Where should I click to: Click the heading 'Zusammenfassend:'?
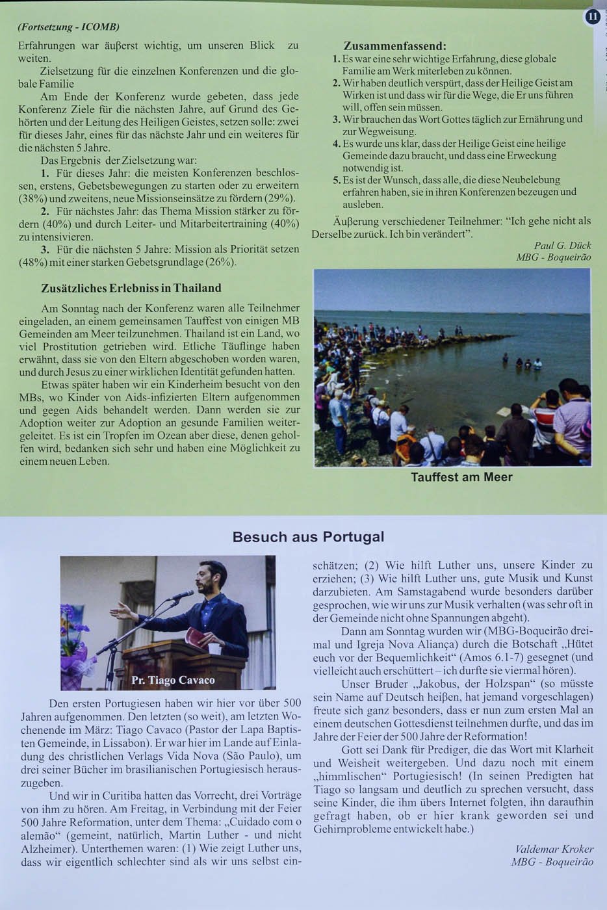tap(394, 46)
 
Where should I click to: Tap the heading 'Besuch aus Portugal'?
tap(308, 537)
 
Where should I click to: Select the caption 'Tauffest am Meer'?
tap(461, 477)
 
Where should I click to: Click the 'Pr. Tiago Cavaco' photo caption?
tap(173, 680)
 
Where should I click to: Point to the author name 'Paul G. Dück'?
tap(562, 245)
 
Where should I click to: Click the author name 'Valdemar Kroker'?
tap(554, 849)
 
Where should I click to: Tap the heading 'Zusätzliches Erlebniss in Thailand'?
tap(131, 288)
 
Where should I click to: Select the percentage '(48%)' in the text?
tap(32, 262)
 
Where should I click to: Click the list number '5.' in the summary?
tap(337, 180)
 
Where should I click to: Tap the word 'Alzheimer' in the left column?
tap(46, 848)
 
